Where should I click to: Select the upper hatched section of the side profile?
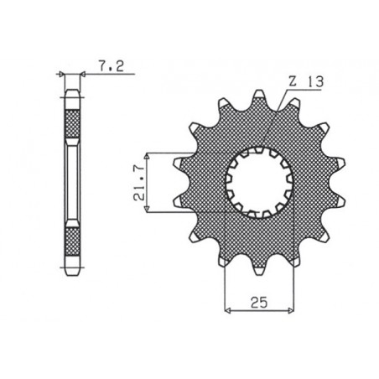tap(74, 125)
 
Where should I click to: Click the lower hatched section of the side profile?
tap(74, 242)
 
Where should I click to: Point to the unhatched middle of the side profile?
tap(74, 184)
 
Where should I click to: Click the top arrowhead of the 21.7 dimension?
tap(148, 157)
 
